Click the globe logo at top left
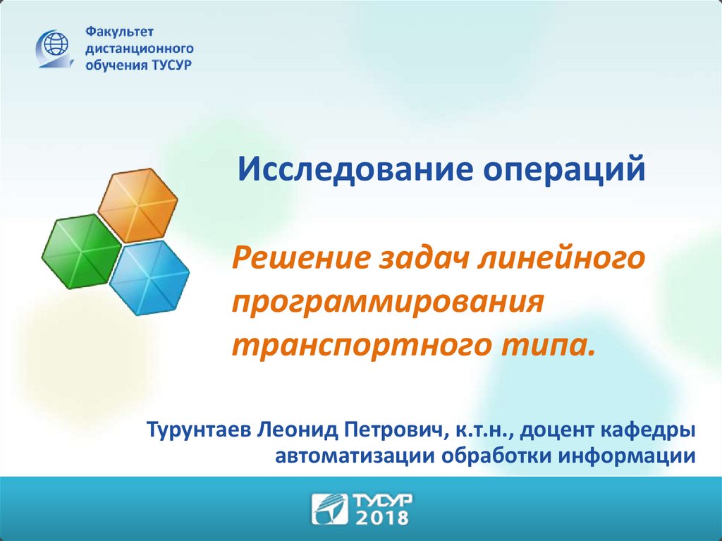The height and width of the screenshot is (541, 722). coord(54,49)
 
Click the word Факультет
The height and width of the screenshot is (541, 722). coord(119,32)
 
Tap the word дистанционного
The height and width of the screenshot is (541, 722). coord(140,49)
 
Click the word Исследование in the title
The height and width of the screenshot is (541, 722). coord(355,169)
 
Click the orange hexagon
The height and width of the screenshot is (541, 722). coord(138,205)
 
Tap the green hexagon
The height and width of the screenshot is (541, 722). coord(82,252)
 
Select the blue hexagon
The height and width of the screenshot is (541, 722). coord(149,278)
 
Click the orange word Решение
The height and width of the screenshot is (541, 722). coord(301,259)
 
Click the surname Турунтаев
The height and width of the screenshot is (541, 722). coord(199,430)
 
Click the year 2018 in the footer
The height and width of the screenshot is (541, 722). coord(382,517)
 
